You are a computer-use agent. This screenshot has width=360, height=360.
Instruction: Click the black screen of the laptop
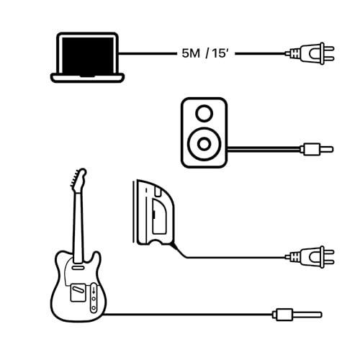(x=87, y=55)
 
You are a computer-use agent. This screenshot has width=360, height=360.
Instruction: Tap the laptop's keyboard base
(x=87, y=78)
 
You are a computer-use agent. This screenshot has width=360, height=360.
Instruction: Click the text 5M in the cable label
(x=191, y=53)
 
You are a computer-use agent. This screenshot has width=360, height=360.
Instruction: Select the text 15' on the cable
(x=219, y=53)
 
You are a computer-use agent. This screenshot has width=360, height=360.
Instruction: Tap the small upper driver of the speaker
(x=204, y=113)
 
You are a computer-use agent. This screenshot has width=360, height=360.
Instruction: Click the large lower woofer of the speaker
(x=204, y=144)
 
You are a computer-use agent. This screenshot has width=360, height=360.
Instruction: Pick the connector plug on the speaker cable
(x=317, y=149)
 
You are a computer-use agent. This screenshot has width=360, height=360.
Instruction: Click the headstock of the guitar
(x=78, y=178)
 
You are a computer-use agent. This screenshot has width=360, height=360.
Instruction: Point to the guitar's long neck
(x=78, y=225)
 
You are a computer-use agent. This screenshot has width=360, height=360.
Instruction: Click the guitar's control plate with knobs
(x=94, y=297)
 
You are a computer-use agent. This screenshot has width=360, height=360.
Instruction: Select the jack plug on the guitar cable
(x=297, y=315)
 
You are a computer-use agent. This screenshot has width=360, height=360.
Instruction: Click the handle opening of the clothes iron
(x=159, y=215)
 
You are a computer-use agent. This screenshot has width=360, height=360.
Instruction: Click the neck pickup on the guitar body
(x=78, y=266)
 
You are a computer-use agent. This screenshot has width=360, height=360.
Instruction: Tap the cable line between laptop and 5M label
(x=148, y=53)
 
